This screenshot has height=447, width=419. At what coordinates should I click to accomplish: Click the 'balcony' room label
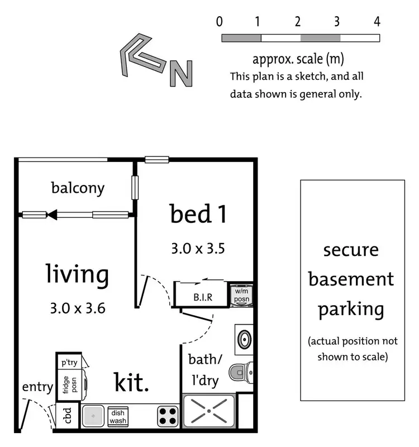[78, 188]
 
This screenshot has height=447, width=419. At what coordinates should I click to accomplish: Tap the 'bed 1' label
[198, 215]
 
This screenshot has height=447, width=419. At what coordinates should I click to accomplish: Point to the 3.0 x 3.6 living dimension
[78, 307]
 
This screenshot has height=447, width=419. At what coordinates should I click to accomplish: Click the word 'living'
[77, 274]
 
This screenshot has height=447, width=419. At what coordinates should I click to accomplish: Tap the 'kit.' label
[132, 383]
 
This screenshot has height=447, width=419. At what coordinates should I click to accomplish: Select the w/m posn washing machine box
[241, 294]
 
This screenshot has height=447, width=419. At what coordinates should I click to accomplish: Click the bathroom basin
[244, 339]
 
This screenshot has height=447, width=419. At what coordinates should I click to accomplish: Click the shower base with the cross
[208, 412]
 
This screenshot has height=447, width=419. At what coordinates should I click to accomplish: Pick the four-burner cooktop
[166, 416]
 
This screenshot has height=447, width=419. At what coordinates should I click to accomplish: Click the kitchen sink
[92, 416]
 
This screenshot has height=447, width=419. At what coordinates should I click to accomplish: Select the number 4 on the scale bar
[377, 22]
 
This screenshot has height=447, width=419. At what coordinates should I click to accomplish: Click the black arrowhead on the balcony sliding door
[53, 215]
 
